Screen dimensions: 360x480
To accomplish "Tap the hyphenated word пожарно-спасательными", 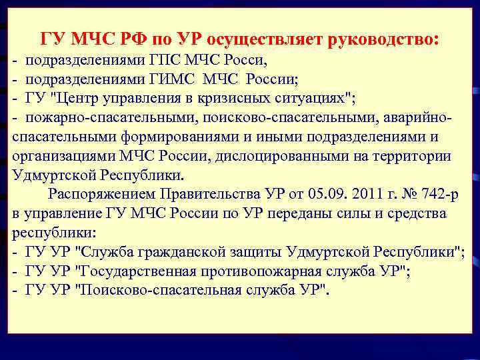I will click(91, 119).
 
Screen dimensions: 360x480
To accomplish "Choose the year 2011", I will click(354, 195).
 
